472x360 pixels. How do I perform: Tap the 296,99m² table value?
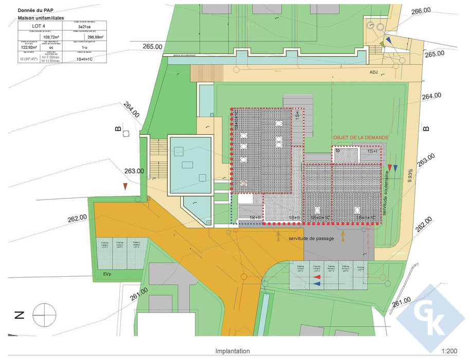pyautogui.click(x=96, y=37)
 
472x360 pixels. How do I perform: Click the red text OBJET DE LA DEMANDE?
pyautogui.click(x=360, y=138)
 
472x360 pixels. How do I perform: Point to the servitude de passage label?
pyautogui.click(x=311, y=239)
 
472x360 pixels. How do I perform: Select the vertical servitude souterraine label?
pyautogui.click(x=384, y=194)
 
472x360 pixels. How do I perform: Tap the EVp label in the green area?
pyautogui.click(x=107, y=274)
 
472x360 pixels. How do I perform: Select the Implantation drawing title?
pyautogui.click(x=232, y=351)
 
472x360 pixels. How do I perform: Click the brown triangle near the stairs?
pyautogui.click(x=125, y=186)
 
